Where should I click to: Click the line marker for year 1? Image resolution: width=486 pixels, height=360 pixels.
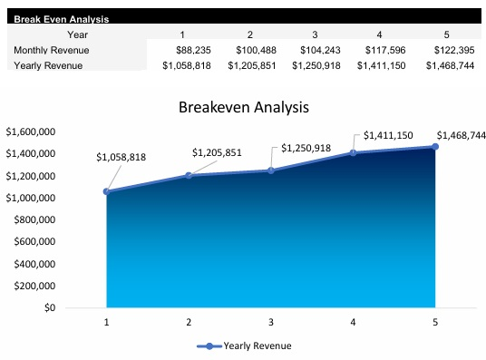point(107,191)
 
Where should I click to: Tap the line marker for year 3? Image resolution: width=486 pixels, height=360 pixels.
point(271,170)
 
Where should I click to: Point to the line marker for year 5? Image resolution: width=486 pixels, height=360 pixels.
point(435,146)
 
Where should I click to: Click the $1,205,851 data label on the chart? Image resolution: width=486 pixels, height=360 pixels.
point(217,152)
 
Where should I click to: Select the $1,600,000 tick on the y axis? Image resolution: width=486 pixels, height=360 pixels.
point(31,131)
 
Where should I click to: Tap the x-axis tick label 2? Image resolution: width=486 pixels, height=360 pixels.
point(189,322)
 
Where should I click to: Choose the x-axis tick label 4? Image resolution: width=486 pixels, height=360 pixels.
point(353,322)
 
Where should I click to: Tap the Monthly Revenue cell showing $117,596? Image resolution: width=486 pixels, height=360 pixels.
point(384,50)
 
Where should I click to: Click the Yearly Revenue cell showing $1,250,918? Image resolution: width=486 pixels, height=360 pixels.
point(316,65)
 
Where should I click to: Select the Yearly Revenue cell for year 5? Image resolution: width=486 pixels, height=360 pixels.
point(450,65)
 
